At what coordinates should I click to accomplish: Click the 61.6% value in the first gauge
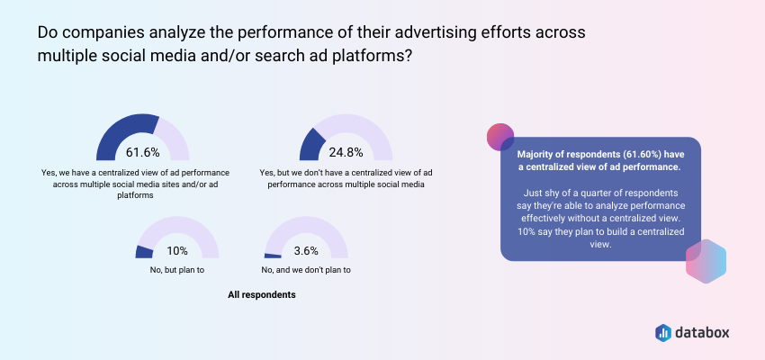pos(142,153)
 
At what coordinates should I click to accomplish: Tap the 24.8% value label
pos(346,153)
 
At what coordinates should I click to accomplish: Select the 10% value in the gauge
pos(177,251)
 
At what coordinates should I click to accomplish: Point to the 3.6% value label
pos(306,251)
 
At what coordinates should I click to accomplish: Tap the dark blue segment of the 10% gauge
pos(143,252)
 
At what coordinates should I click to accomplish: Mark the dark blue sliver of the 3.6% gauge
pos(273,256)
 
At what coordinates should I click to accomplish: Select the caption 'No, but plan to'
pos(176,270)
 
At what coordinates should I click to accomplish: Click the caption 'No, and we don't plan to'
pos(306,270)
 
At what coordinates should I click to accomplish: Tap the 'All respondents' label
pos(262,295)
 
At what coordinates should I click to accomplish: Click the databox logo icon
pos(663,333)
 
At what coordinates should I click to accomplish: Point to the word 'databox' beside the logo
pos(703,333)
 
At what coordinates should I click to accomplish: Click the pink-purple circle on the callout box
pos(500,137)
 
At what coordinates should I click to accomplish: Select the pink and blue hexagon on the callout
pos(706,261)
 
